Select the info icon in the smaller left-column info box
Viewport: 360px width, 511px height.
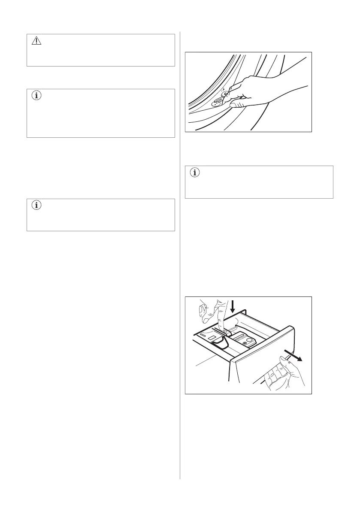click(36, 205)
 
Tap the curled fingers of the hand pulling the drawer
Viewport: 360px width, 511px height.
click(275, 378)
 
